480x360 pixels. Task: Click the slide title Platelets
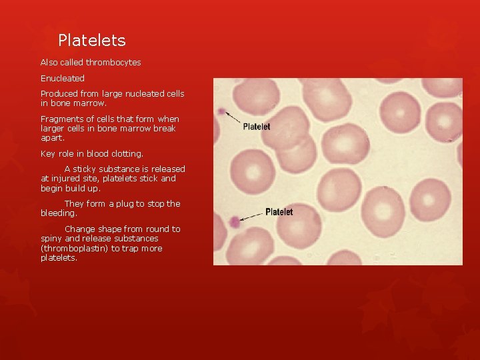tap(91, 41)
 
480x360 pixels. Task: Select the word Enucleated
tap(63, 78)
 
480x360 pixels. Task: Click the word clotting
tap(127, 154)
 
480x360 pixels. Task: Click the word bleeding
tap(58, 213)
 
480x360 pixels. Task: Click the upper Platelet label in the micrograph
tap(257, 126)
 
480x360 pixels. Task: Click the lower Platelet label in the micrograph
tap(279, 212)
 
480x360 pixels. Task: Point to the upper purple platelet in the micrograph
tap(221, 111)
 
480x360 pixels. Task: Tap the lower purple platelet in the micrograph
tap(233, 222)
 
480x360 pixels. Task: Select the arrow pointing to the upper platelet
tap(233, 118)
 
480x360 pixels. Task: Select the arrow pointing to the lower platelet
tap(252, 217)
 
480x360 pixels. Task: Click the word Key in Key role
tap(47, 154)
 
